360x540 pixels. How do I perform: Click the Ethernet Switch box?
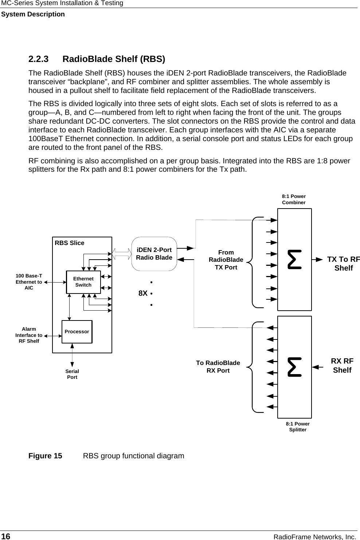(x=83, y=282)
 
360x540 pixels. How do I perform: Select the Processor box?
(x=77, y=332)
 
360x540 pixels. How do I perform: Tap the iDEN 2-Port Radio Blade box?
(x=154, y=254)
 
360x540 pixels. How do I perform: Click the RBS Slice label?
(x=69, y=243)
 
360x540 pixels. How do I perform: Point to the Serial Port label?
(x=72, y=374)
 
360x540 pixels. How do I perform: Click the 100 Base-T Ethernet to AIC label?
(x=29, y=282)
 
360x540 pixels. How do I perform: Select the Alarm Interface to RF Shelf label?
(x=29, y=335)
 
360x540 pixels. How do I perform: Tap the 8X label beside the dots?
(x=143, y=293)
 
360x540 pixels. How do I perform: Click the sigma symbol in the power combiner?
(x=294, y=259)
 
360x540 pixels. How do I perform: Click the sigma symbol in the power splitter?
(x=294, y=367)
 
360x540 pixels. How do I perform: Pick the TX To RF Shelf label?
(x=343, y=264)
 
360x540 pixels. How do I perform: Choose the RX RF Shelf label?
(x=342, y=366)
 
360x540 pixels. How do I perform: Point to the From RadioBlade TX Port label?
(x=226, y=260)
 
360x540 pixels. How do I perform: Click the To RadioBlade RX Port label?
(x=218, y=367)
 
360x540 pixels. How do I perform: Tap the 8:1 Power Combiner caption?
(x=294, y=199)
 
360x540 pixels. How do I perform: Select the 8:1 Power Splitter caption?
(x=298, y=427)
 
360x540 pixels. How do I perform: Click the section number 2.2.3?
(x=39, y=59)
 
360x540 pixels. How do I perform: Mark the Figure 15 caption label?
(x=46, y=456)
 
